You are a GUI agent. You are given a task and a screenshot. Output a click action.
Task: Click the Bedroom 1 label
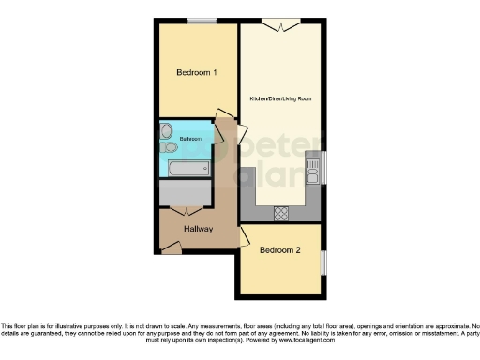click(197, 72)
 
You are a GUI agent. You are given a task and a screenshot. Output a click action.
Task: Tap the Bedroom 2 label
click(280, 250)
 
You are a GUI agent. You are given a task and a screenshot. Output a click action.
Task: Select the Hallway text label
click(198, 229)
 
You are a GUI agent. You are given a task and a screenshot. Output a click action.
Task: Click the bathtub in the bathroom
click(188, 169)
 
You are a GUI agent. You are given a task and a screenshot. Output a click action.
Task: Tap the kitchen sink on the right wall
click(315, 170)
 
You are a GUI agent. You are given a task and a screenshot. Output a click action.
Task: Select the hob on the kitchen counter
click(280, 214)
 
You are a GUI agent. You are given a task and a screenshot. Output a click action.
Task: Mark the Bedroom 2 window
click(324, 262)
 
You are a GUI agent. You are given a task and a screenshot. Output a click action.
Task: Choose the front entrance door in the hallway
click(172, 247)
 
